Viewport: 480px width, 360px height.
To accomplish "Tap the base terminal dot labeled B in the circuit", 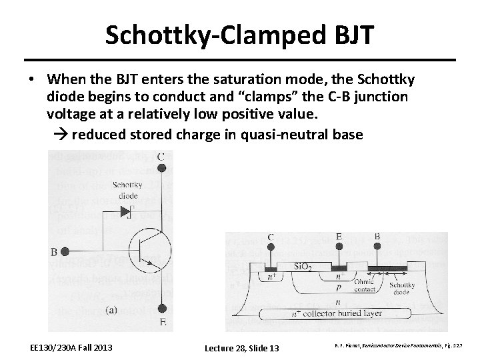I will coord(65,251).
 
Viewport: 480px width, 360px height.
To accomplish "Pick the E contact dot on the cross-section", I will coord(339,246).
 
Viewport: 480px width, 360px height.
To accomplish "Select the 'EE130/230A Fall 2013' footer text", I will coord(72,347).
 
